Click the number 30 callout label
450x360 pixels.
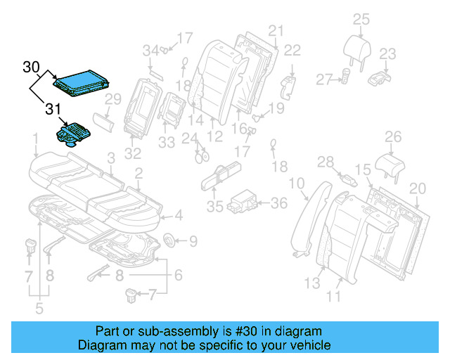[31, 67]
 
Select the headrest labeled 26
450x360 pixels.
[391, 165]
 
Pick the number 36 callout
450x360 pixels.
[279, 203]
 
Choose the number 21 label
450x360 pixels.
[275, 30]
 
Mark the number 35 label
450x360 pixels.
[214, 207]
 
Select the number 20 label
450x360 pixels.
[418, 188]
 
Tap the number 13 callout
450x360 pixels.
[311, 283]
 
